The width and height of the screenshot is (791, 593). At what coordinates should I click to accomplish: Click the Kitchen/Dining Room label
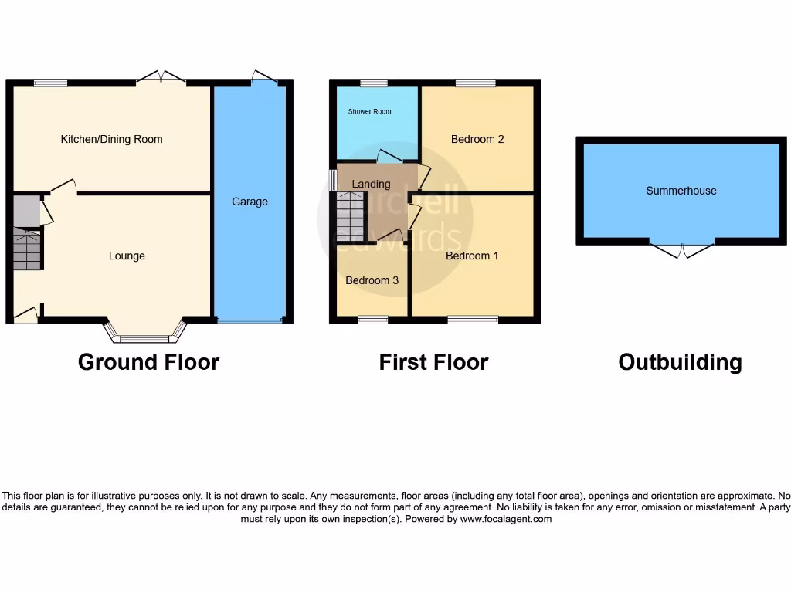coord(112,140)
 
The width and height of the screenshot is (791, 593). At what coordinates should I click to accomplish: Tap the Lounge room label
coord(127,256)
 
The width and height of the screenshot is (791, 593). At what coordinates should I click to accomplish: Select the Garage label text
coord(250,202)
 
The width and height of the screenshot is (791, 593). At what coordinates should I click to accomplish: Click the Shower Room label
coord(369,112)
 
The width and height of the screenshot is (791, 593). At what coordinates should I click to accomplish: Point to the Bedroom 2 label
coord(477,140)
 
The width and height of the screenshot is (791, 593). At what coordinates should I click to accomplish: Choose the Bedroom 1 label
coord(472,256)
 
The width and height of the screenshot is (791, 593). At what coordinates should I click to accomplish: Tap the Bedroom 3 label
coord(372,280)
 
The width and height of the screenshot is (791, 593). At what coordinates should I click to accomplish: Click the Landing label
coord(371,184)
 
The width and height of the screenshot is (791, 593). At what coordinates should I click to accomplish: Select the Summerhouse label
coord(681,191)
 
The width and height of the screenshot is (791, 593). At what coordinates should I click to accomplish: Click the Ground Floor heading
coord(148,362)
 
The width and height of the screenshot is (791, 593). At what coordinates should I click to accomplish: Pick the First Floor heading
coord(433,362)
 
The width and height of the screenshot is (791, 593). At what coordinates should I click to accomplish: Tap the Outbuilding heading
coord(680,362)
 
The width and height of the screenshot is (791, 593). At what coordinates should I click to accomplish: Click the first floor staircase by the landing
coord(351,217)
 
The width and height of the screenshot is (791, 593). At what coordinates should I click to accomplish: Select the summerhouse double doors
coord(682,249)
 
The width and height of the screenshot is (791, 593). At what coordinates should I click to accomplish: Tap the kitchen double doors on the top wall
coord(161,77)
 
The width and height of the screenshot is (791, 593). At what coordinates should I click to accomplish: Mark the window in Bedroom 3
coord(372,320)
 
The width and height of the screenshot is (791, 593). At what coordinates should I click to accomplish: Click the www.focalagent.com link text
coord(505,520)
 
